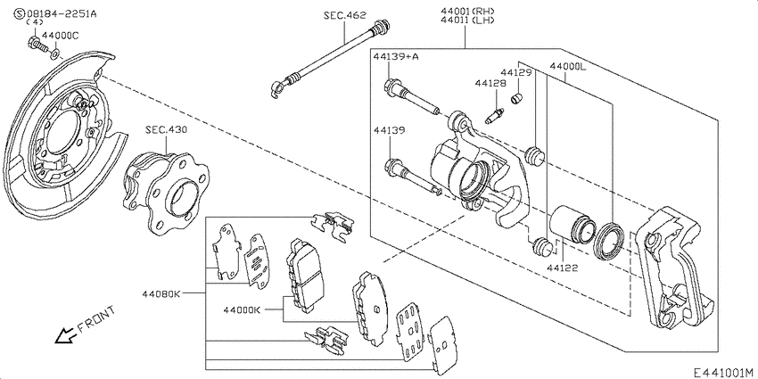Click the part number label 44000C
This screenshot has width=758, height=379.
pyautogui.click(x=61, y=36)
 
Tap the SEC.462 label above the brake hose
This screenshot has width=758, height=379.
pyautogui.click(x=345, y=15)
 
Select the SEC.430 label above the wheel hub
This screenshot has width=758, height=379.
pyautogui.click(x=166, y=130)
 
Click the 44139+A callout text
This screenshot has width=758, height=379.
pyautogui.click(x=396, y=56)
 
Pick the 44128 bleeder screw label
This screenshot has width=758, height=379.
pyautogui.click(x=490, y=83)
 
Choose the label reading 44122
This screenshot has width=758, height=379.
pyautogui.click(x=563, y=268)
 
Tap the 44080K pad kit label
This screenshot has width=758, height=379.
pyautogui.click(x=161, y=293)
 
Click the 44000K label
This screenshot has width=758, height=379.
pyautogui.click(x=242, y=309)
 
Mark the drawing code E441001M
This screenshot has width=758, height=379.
pyautogui.click(x=724, y=372)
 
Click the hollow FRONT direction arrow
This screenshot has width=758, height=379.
pyautogui.click(x=65, y=334)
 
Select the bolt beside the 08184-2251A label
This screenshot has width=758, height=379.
pyautogui.click(x=38, y=45)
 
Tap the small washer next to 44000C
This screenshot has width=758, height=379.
pyautogui.click(x=55, y=53)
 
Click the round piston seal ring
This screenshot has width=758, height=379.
pyautogui.click(x=609, y=242)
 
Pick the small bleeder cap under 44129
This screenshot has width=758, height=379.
pyautogui.click(x=517, y=99)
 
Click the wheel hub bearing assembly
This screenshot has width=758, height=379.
pyautogui.click(x=166, y=193)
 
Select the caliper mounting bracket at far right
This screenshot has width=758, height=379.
pyautogui.click(x=673, y=269)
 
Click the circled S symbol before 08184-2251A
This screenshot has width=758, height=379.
pyautogui.click(x=20, y=13)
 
